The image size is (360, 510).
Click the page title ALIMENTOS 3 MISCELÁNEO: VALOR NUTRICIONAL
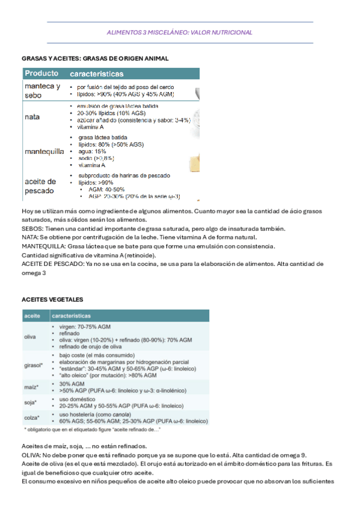pos(180,32)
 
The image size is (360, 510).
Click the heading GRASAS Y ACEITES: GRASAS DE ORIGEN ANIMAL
pos(95,58)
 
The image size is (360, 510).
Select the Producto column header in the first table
pos(41,74)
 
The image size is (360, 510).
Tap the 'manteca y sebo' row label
pos(41,91)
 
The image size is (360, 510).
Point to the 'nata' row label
pos(32,117)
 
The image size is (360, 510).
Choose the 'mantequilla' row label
pos(44,151)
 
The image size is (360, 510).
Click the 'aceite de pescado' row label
pos(41,186)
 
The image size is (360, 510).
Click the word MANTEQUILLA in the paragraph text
pos(43,246)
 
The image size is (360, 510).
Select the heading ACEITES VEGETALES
pos(52,300)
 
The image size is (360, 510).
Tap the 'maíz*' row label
pos(31,387)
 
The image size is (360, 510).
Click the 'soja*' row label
pos(31,402)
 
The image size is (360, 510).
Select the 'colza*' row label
pos(32,417)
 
